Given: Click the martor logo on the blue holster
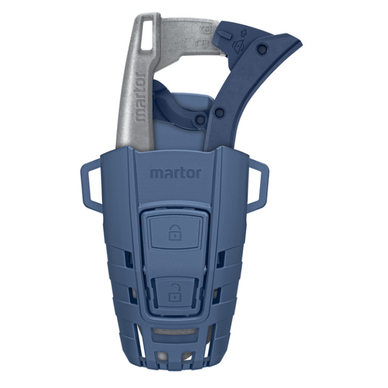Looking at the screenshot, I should click(x=175, y=172).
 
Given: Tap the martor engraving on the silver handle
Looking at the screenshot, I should click(x=140, y=95).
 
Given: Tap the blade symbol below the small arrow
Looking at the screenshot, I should click(x=239, y=46).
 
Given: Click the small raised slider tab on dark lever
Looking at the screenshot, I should click(x=224, y=34).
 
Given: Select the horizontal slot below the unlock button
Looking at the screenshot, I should click(x=175, y=331).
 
